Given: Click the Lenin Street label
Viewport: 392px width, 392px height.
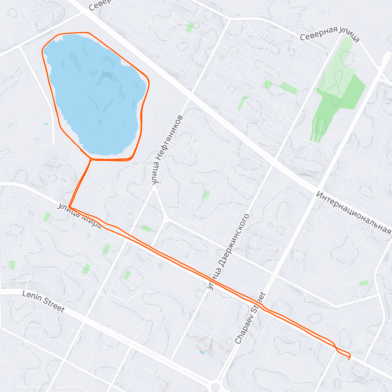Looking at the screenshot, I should click(x=43, y=302).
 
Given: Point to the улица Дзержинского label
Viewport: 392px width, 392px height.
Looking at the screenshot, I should click(x=228, y=252).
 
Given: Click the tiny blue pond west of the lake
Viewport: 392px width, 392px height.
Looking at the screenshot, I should click(x=46, y=124).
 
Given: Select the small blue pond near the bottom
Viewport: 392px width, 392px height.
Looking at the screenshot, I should click(x=202, y=352).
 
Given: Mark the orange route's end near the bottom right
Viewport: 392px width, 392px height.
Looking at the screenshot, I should click(x=349, y=359).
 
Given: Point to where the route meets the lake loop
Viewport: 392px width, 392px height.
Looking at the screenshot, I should click(x=91, y=159).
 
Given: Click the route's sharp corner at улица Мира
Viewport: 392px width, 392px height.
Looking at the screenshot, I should click(x=70, y=207).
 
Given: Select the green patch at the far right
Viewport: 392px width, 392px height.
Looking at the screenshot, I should click(x=364, y=283).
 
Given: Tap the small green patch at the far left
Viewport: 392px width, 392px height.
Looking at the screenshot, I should click(x=12, y=265).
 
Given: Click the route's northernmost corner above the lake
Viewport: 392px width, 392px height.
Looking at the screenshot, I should click(x=87, y=32).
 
